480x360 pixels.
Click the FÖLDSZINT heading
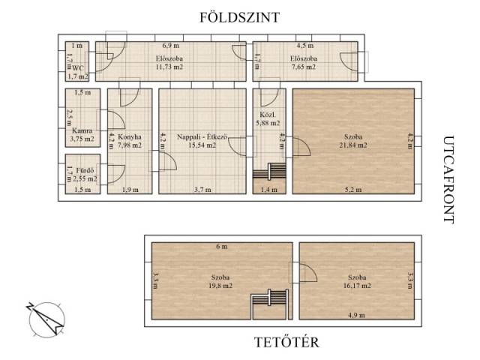tap(240, 17)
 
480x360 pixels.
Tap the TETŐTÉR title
tap(286, 342)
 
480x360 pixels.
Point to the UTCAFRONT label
tap(448, 180)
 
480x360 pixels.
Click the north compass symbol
tap(46, 319)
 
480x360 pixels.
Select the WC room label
tap(78, 67)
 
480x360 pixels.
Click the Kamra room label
tap(82, 130)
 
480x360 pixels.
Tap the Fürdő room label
tap(85, 170)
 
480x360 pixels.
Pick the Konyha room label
tap(130, 136)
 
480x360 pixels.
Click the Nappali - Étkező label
tap(202, 136)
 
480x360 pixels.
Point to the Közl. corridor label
tap(268, 115)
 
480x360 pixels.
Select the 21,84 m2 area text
tap(353, 145)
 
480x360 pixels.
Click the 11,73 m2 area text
tap(169, 67)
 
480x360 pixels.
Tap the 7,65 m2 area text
tap(304, 67)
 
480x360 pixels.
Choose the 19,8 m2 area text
tap(220, 286)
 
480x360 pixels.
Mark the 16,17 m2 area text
tap(357, 286)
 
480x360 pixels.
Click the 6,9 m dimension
tap(171, 46)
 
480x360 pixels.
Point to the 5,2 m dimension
tap(353, 190)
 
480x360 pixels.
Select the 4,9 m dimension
tap(356, 315)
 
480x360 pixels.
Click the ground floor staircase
tap(269, 172)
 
